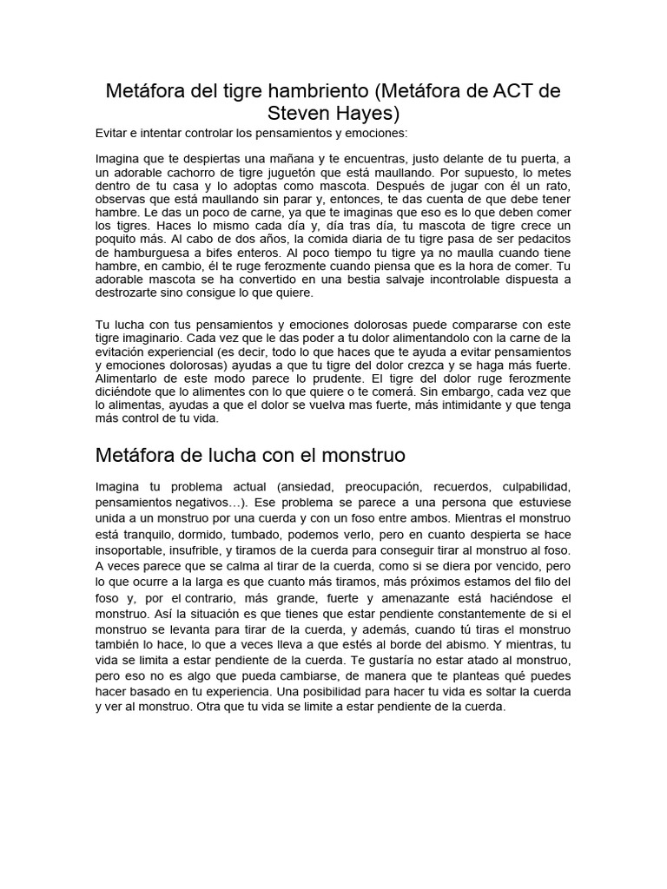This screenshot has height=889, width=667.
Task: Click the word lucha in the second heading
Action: coord(228,455)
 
